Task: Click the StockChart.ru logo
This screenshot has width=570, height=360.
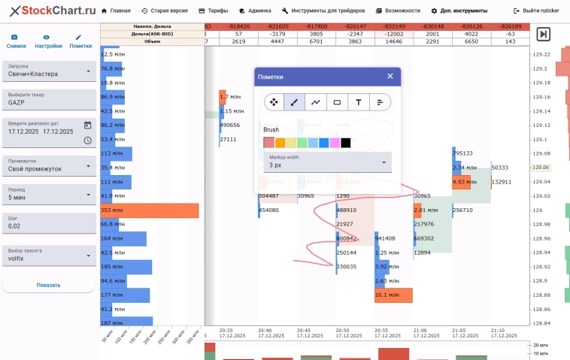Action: pos(53,11)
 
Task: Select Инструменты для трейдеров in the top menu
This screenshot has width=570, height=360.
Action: pos(323,11)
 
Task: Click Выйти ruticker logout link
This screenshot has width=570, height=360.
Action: pos(536,11)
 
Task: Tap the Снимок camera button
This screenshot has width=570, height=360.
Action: pos(16,41)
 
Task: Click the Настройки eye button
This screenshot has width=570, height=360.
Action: pos(48,41)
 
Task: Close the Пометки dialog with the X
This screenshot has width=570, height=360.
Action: pos(390,77)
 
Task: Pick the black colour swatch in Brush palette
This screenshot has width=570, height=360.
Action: pos(346,143)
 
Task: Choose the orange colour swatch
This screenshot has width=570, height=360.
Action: pos(280,143)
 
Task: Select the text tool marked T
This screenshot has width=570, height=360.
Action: pos(359,102)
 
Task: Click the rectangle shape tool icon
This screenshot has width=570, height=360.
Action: pos(337,102)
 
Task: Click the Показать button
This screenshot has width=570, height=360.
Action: pos(48,286)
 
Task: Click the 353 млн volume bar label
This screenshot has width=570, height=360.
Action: pos(112,210)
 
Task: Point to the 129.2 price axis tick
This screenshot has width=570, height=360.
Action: pos(540,69)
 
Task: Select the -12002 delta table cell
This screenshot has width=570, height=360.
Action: pos(393,34)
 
